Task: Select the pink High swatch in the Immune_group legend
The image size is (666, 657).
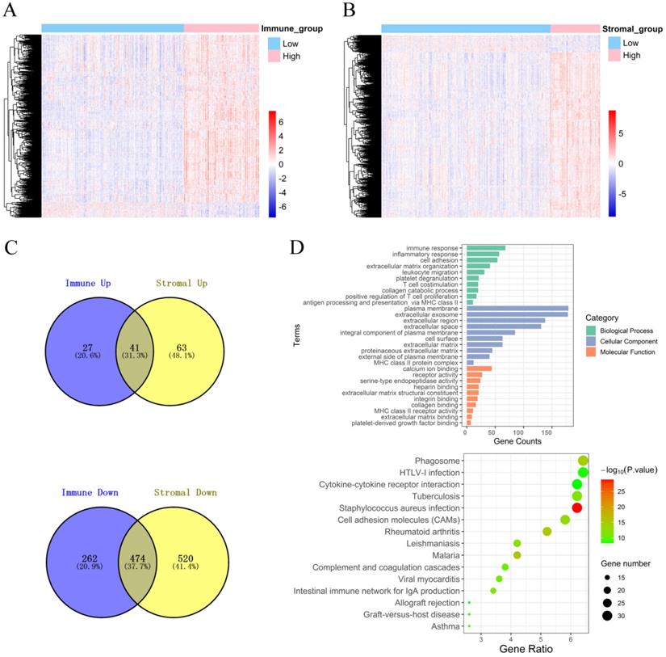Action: (274, 57)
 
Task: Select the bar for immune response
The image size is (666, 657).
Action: (485, 248)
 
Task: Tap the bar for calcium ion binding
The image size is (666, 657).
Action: (479, 368)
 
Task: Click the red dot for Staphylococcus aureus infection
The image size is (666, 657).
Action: (576, 507)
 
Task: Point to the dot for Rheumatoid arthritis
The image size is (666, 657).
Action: (547, 532)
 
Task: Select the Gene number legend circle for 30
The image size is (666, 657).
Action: (607, 616)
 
